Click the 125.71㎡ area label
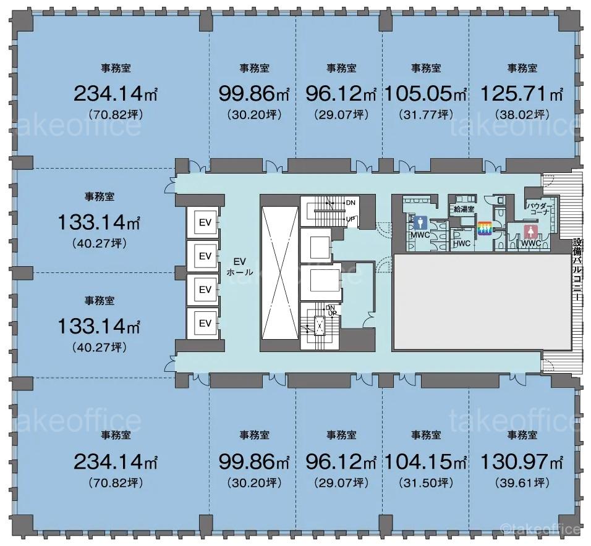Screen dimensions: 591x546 pyautogui.click(x=522, y=93)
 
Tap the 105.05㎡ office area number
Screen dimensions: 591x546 pyautogui.click(x=425, y=93)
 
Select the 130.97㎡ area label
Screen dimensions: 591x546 pyautogui.click(x=522, y=461)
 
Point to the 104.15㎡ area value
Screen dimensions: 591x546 pyautogui.click(x=425, y=461)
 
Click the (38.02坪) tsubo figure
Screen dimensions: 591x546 pyautogui.click(x=522, y=114)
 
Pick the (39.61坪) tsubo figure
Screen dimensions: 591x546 pyautogui.click(x=522, y=482)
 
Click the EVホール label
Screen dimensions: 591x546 pyautogui.click(x=240, y=266)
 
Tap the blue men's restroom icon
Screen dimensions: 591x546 pyautogui.click(x=420, y=223)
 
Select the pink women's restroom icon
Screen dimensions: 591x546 pyautogui.click(x=530, y=232)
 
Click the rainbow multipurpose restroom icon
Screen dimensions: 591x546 pyautogui.click(x=485, y=228)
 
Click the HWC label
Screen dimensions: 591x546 pyautogui.click(x=462, y=243)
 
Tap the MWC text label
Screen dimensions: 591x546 pyautogui.click(x=420, y=235)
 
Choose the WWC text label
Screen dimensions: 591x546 pyautogui.click(x=531, y=243)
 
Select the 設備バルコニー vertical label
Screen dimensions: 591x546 pyautogui.click(x=577, y=269)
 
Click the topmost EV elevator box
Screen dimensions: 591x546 pyautogui.click(x=205, y=222)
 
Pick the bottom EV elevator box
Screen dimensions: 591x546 pyautogui.click(x=205, y=323)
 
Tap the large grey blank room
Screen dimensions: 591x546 pyautogui.click(x=482, y=302)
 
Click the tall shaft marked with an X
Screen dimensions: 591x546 pyautogui.click(x=279, y=272)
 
